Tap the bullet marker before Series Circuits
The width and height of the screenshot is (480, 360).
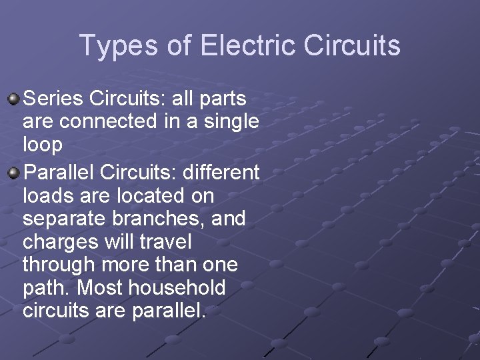pos(14,99)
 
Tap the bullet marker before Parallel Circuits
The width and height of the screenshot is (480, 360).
pos(14,173)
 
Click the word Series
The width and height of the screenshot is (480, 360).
pos(54,99)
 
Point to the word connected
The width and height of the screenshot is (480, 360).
pos(117,122)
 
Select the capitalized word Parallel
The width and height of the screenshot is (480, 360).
pos(59,173)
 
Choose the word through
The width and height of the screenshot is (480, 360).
pos(59,265)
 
